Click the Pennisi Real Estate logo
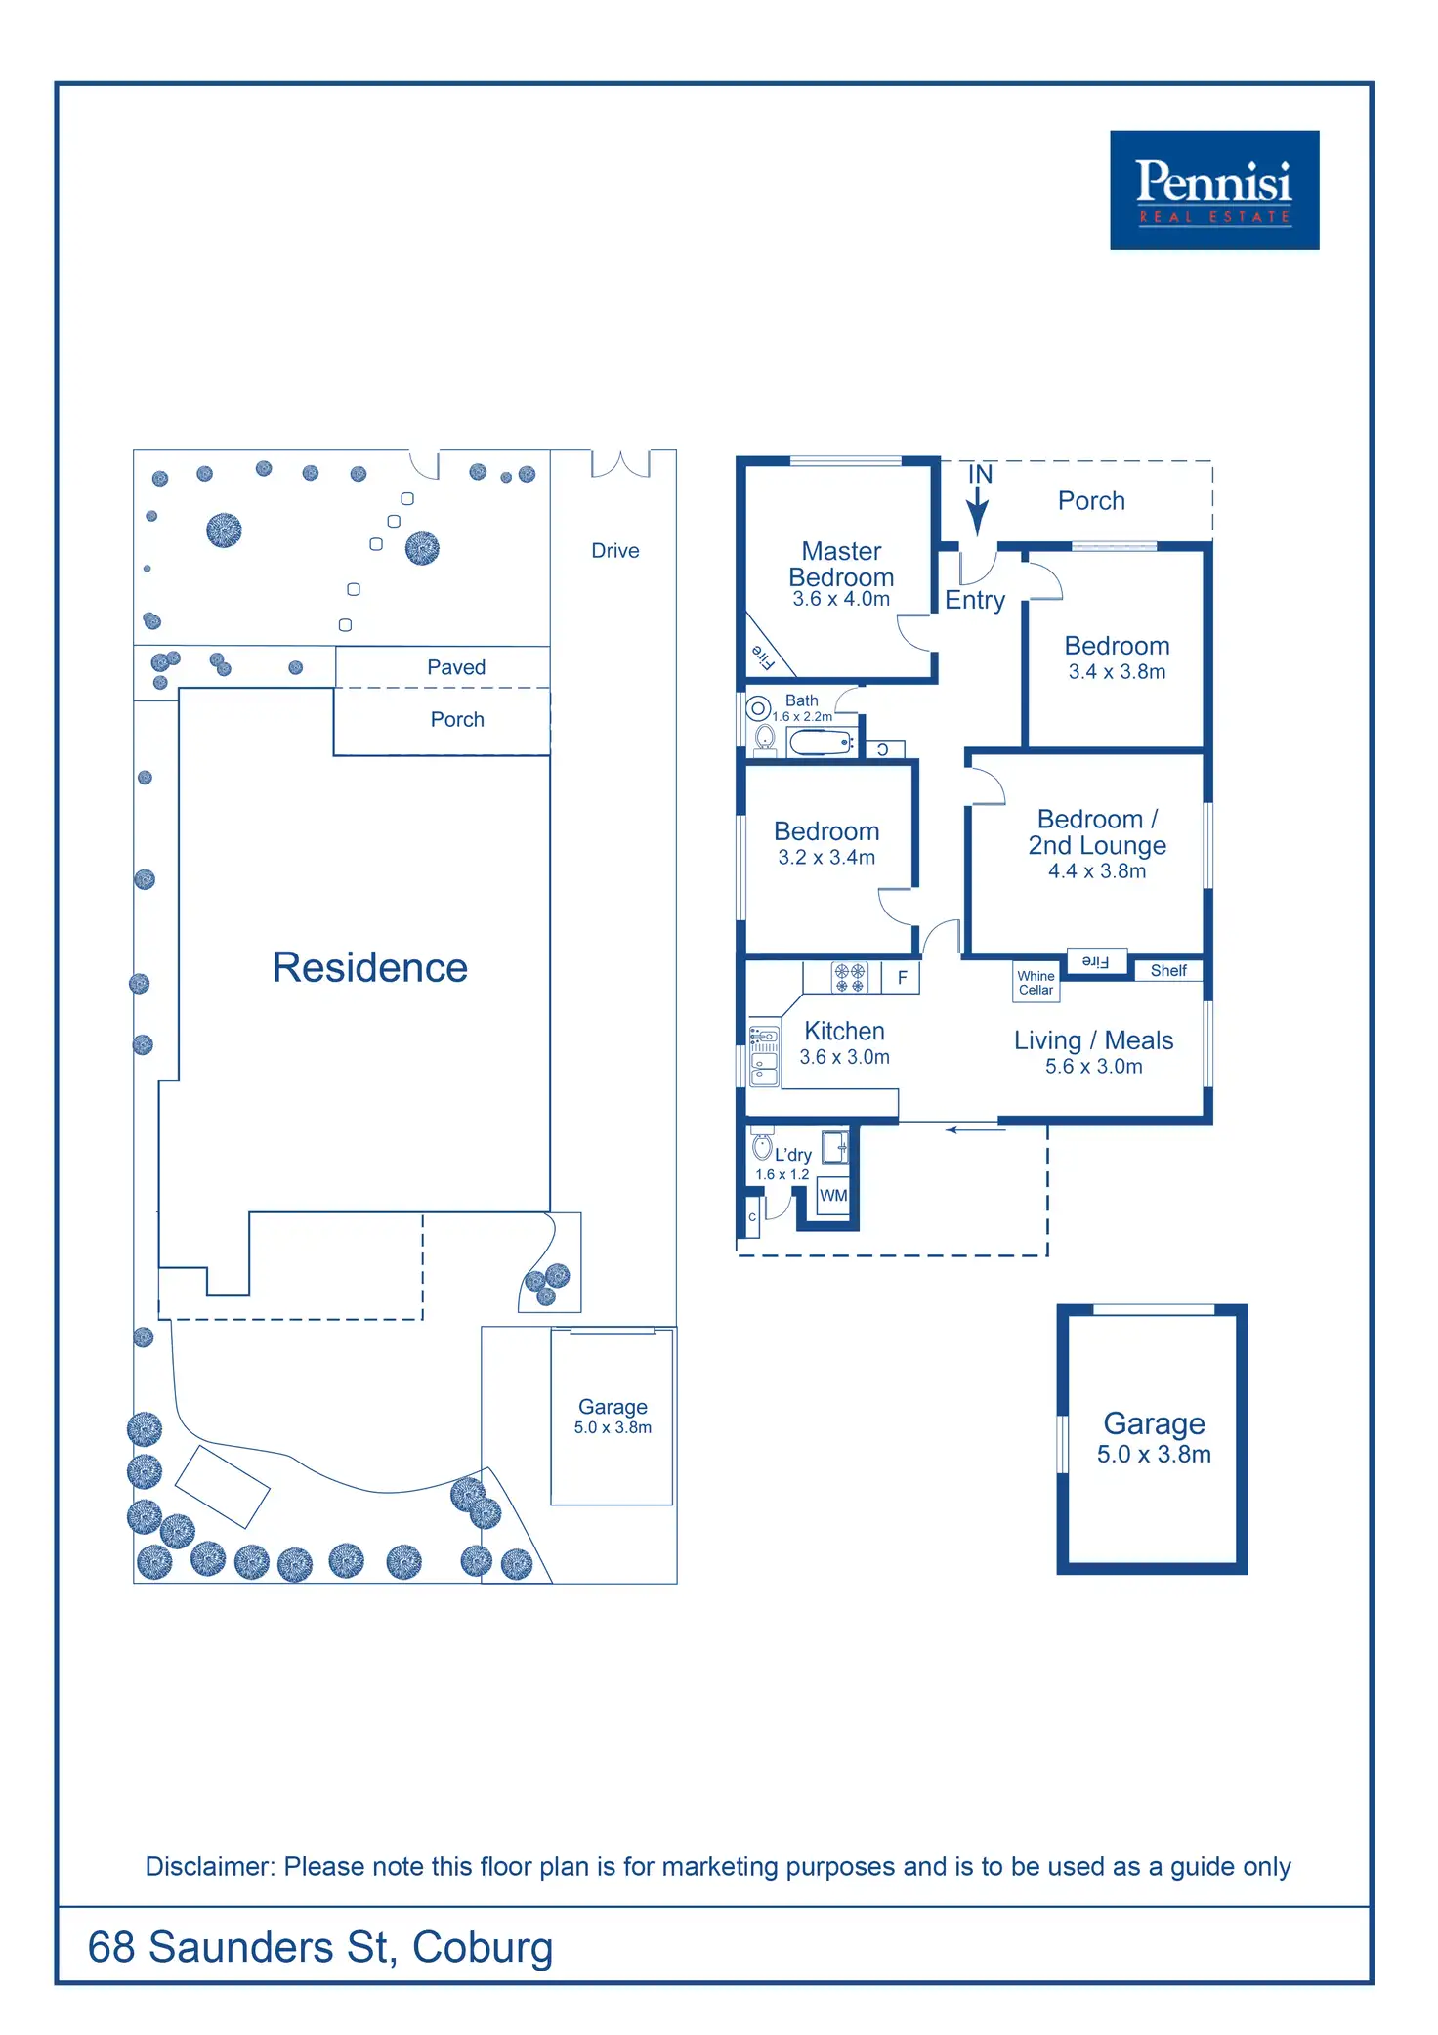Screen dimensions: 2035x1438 [1213, 191]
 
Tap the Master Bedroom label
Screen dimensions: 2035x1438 [841, 564]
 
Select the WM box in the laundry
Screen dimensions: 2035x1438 [833, 1195]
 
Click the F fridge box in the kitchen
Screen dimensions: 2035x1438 [902, 977]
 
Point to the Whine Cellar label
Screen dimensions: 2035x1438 [1036, 983]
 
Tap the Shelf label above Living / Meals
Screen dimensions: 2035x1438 [1168, 970]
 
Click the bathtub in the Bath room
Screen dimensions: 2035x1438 [821, 743]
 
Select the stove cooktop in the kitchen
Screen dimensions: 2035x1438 [849, 977]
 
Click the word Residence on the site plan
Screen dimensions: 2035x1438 [370, 967]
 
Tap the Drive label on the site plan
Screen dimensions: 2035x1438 [615, 550]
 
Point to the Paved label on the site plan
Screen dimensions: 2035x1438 [456, 667]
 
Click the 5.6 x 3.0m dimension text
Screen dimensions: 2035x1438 [1093, 1067]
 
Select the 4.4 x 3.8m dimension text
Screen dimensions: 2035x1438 [1097, 871]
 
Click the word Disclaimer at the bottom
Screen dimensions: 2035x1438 [209, 1866]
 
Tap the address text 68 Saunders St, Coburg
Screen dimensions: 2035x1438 [320, 1947]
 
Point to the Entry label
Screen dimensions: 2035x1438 [975, 600]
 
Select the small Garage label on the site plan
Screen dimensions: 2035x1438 [613, 1407]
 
